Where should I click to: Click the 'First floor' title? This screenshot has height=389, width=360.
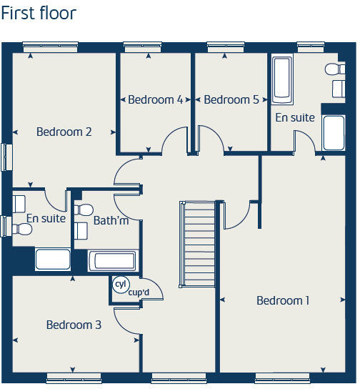39,13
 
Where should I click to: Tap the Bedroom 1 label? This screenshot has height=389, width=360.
283,300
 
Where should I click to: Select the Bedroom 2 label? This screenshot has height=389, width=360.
64,132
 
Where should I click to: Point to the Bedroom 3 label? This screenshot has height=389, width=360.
74,325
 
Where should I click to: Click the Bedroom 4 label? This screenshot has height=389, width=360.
155,99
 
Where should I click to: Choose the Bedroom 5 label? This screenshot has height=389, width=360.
231,99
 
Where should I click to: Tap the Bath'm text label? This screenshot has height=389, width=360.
111,220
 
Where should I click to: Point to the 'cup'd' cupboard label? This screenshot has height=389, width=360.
139,292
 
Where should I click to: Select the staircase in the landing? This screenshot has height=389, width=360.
196,243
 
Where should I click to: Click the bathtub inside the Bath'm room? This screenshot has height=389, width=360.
113,260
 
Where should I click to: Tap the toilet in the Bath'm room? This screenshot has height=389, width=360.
84,210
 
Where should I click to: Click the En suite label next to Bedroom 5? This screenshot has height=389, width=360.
295,117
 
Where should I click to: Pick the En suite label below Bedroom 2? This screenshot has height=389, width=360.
46,218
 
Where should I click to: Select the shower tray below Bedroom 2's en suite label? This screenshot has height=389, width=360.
53,259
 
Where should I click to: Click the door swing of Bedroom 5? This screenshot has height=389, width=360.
210,139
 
